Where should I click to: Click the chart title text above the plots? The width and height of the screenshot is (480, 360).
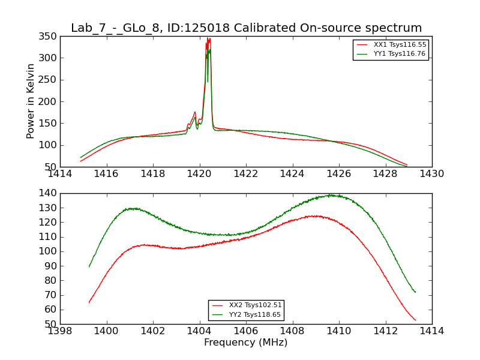[246, 28]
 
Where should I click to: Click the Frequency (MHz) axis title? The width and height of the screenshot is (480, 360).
[245, 343]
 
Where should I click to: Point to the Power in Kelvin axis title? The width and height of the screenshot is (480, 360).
[31, 101]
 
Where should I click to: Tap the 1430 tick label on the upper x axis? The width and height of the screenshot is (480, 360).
[431, 174]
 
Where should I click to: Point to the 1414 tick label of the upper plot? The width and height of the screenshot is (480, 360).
[60, 174]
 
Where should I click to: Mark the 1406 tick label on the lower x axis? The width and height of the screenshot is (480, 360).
[245, 331]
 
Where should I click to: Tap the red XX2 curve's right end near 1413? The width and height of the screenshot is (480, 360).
[415, 320]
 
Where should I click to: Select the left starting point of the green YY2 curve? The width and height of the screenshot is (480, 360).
[89, 266]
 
